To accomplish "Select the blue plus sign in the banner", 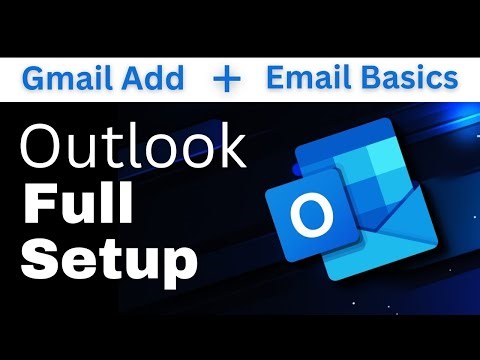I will (x=228, y=79).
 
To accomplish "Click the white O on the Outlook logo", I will (x=316, y=212).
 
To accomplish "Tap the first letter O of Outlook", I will (x=42, y=147).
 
